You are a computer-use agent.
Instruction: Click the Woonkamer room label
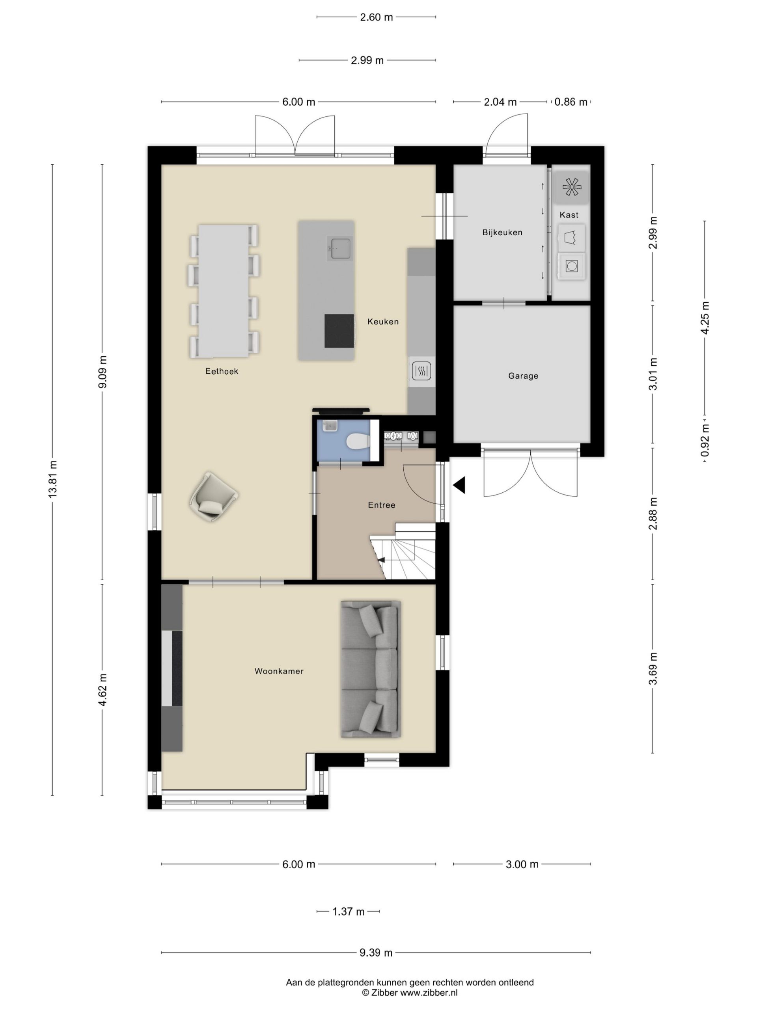[279, 671]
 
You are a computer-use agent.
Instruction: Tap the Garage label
[523, 376]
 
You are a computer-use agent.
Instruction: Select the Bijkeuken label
[502, 232]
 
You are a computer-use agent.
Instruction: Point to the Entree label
[382, 505]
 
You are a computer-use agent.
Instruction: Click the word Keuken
[383, 322]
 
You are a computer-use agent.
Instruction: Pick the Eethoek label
[222, 371]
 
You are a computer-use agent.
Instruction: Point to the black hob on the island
[339, 331]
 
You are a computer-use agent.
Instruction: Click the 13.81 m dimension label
[53, 479]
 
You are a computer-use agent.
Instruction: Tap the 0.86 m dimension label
[571, 102]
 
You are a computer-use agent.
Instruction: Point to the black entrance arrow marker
[459, 485]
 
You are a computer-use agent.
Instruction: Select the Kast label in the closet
[569, 215]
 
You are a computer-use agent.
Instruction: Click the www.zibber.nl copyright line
[409, 992]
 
